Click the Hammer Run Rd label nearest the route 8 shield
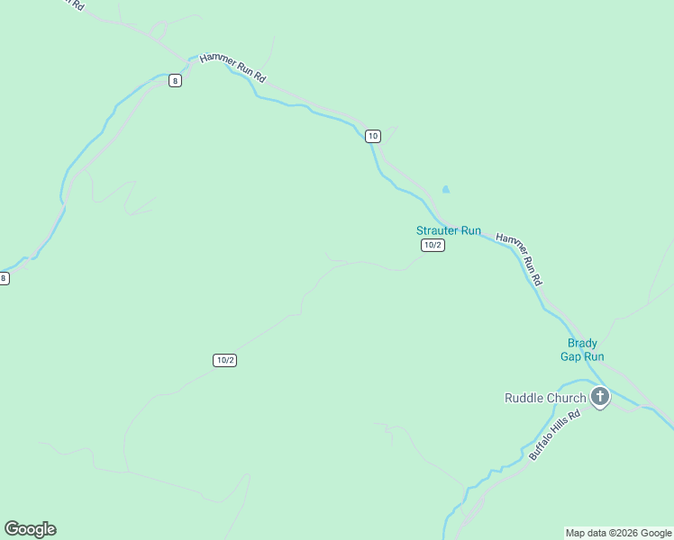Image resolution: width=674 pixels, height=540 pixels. [232, 67]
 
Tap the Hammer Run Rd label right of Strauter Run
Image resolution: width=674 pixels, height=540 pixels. [520, 259]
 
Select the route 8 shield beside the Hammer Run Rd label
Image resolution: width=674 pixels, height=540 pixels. [175, 80]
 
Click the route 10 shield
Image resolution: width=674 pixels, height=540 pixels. [373, 136]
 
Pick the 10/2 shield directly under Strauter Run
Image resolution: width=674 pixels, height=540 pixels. [433, 245]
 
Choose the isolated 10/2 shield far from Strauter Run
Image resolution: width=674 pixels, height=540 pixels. [225, 360]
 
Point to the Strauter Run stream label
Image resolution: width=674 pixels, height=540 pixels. [449, 230]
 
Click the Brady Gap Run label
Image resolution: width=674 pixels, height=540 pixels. [582, 350]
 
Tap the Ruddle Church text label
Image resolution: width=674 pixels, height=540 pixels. [544, 398]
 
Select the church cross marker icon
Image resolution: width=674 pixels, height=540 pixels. [599, 396]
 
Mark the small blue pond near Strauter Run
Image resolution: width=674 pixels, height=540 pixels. [445, 190]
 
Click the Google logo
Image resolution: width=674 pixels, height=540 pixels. [30, 529]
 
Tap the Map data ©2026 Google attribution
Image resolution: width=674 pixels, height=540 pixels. [618, 533]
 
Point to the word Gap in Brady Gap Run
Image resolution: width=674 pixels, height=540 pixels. [571, 356]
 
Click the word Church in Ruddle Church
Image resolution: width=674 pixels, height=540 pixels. [565, 398]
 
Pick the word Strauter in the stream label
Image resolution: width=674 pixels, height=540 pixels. [438, 230]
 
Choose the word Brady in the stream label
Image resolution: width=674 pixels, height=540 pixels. [582, 343]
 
